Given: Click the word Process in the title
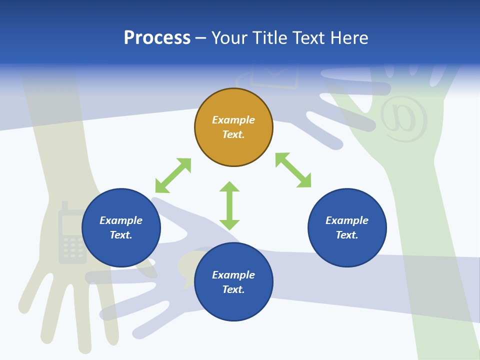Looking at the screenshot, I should tap(157, 38).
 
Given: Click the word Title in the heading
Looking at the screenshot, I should tap(269, 38).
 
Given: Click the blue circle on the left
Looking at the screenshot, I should tap(121, 227).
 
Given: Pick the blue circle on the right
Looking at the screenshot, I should tap(347, 227).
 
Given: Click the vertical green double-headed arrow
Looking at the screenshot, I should tap(229, 205).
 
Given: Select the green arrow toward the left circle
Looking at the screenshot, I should tap(173, 175).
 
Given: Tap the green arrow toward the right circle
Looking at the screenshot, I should tap(293, 170).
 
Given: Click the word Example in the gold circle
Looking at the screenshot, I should tap(233, 120).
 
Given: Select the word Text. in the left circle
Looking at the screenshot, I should tap(121, 235).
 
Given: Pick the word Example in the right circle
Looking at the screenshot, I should tap(347, 220).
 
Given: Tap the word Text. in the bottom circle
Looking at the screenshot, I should tap(233, 289).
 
